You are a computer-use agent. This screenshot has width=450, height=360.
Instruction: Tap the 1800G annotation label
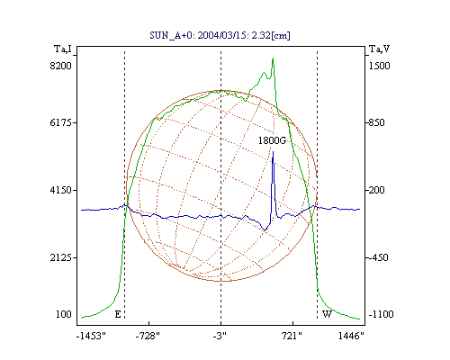point(272,140)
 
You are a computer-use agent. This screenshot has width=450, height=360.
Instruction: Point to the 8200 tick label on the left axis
point(60,66)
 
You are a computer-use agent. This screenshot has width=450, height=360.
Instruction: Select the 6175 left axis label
point(60,122)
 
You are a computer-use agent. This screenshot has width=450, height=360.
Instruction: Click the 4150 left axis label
point(60,190)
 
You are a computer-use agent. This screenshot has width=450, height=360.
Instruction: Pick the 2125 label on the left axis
point(60,257)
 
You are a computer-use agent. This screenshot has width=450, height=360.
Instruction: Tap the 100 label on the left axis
point(64,314)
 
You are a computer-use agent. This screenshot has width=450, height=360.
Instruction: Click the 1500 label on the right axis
point(379,66)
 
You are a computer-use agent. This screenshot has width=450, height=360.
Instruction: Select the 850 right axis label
point(376,122)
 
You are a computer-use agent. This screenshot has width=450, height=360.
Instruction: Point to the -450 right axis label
point(378,257)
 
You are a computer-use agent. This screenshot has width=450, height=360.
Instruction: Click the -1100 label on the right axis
point(381,314)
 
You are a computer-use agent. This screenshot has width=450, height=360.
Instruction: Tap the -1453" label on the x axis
point(91,336)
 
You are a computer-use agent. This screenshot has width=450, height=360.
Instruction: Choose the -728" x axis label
point(148,336)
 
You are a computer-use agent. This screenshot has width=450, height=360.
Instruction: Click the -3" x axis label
point(220,336)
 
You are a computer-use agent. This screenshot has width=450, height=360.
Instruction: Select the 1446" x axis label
point(351,336)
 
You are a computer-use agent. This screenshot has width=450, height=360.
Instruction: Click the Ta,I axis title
point(63,49)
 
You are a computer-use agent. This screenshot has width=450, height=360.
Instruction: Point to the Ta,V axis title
point(379,49)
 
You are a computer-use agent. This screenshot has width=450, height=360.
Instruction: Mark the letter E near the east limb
point(118,314)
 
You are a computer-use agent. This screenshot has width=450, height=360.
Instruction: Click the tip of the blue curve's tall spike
point(273,152)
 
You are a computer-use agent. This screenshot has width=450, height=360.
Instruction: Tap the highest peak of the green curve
point(273,58)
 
